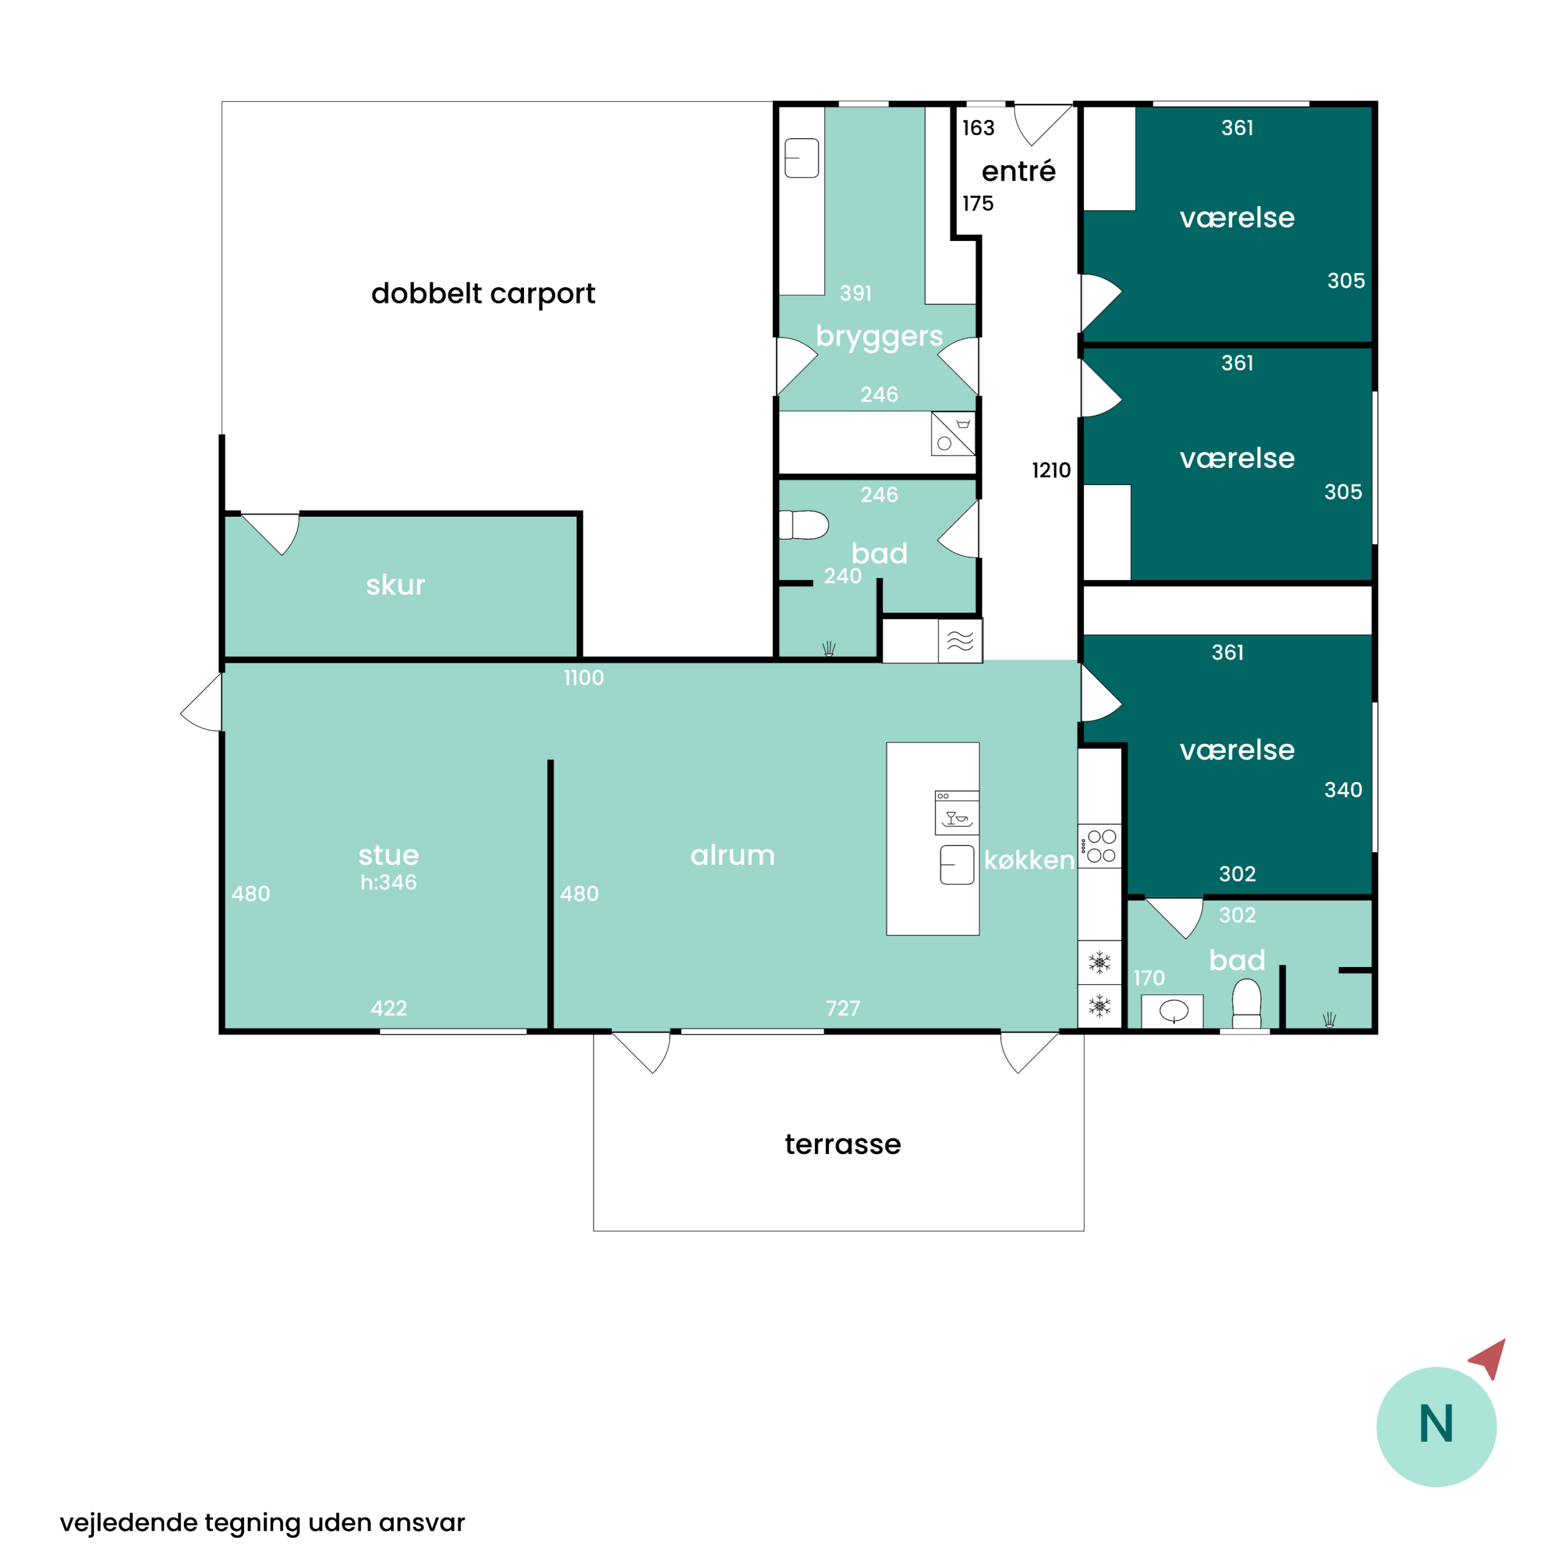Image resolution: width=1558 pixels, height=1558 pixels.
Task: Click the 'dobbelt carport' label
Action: [x=483, y=293]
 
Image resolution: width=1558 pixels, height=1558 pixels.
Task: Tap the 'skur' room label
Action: [x=395, y=585]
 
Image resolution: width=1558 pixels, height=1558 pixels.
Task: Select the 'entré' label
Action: [x=1019, y=170]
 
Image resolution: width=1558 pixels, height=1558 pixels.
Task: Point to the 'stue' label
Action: [x=389, y=855]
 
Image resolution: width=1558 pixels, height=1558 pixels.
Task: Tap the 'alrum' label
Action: [x=732, y=855]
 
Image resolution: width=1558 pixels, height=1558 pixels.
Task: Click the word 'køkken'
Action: [x=1029, y=860]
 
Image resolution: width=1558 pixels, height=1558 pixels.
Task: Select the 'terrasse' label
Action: [x=843, y=1144]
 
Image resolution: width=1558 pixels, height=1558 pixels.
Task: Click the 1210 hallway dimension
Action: [x=1052, y=470]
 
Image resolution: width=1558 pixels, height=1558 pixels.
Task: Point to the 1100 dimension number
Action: [x=584, y=677]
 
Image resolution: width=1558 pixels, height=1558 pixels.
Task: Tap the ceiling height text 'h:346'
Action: [x=389, y=882]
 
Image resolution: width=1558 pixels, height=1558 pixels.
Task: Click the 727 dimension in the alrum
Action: [x=843, y=1008]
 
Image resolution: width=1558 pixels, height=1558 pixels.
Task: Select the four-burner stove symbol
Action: [x=1100, y=846]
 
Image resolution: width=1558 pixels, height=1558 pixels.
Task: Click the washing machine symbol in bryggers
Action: [x=953, y=434]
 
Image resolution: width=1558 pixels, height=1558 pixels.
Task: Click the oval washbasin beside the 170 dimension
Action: [x=1173, y=1010]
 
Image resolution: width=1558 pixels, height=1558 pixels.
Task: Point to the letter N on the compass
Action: [x=1436, y=1424]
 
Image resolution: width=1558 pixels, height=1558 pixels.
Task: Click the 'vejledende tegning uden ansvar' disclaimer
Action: [x=262, y=1523]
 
